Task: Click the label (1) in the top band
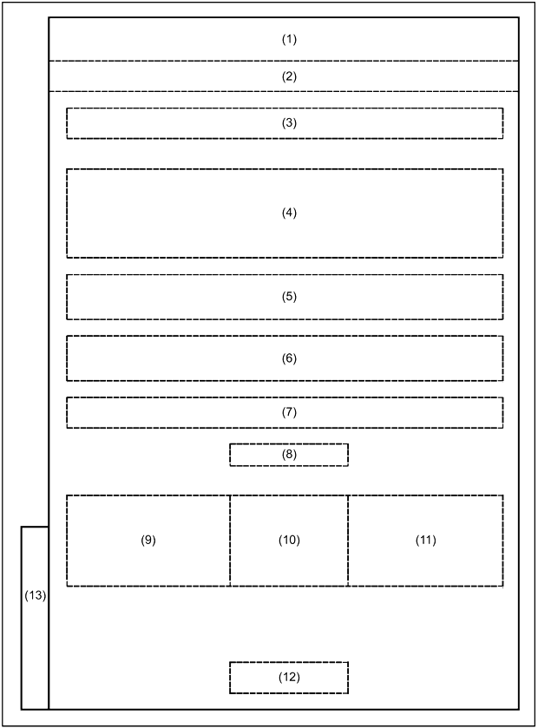289,39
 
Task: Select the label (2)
289,76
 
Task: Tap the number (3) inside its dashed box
289,123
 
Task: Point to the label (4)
289,213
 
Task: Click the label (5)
289,297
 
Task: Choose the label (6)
289,358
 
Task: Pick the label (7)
289,412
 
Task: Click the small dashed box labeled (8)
289,444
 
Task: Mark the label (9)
148,540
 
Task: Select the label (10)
289,540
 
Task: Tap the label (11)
426,540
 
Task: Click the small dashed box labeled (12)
289,663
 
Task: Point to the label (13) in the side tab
36,595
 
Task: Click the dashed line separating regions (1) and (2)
284,61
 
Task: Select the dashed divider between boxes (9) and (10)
230,541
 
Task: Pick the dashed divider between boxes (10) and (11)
348,541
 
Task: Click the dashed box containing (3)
285,108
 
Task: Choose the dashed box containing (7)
285,398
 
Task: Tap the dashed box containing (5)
285,275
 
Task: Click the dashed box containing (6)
285,337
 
